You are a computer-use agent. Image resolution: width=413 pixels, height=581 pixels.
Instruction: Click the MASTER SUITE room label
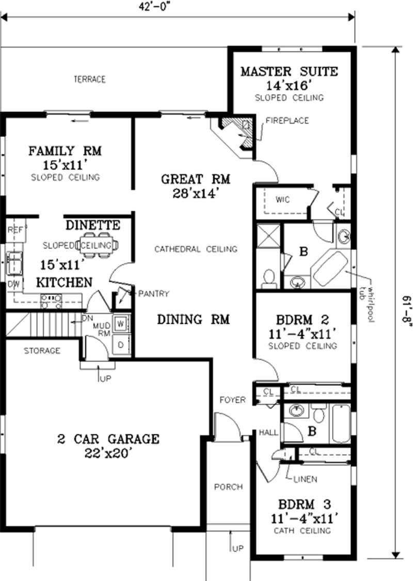[x=289, y=71]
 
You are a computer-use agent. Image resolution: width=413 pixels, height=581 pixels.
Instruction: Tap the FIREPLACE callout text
[x=287, y=121]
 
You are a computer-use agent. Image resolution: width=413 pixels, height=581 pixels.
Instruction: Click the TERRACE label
[x=89, y=80]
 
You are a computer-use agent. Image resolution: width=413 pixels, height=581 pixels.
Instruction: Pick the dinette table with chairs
[x=98, y=245]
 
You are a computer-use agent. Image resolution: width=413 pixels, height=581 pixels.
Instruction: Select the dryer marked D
[x=121, y=344]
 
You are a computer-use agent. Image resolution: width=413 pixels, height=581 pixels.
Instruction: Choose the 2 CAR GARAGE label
[x=108, y=439]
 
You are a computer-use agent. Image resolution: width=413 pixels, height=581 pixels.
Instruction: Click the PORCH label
[x=229, y=486]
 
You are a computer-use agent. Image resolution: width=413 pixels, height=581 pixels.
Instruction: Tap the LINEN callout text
[x=306, y=479]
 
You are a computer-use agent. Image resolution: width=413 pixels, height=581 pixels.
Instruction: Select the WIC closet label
[x=282, y=199]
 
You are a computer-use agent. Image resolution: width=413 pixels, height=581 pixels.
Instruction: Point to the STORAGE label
[x=42, y=351]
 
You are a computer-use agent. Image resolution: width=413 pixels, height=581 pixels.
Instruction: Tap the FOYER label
[x=232, y=400]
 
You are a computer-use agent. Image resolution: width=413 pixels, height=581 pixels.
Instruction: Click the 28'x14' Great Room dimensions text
[x=195, y=194]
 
